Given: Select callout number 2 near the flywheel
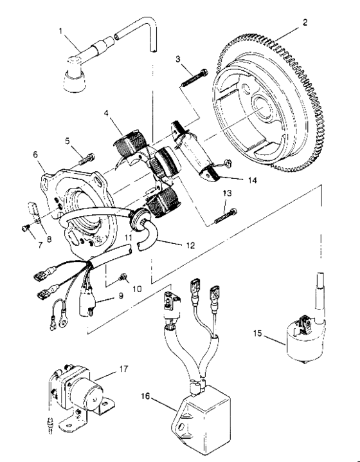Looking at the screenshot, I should point(305,21).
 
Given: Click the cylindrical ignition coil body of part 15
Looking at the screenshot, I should point(304,338).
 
